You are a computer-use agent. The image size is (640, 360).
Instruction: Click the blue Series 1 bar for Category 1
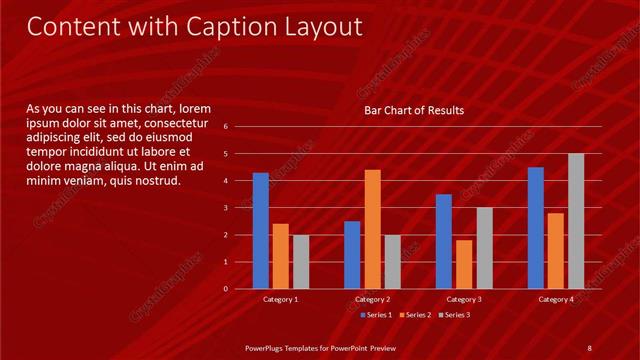(x=261, y=231)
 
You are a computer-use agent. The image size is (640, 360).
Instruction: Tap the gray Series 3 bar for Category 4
(x=576, y=221)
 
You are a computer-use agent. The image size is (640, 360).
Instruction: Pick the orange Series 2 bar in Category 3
(x=464, y=264)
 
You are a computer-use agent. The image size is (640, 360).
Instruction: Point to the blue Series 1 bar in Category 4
(x=536, y=228)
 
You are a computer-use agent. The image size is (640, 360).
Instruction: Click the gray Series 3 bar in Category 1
(x=300, y=262)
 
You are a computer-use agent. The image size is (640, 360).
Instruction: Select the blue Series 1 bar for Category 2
(x=352, y=255)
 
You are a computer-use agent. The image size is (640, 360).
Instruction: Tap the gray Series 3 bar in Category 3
(x=484, y=248)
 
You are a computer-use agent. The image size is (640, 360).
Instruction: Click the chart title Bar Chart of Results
(x=413, y=110)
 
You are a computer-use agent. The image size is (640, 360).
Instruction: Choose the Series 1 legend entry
(x=376, y=315)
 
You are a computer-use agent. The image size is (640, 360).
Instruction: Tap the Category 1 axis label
(x=280, y=299)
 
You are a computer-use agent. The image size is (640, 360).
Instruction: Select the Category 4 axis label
(x=556, y=299)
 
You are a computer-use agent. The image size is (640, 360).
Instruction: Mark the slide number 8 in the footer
(x=590, y=347)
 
